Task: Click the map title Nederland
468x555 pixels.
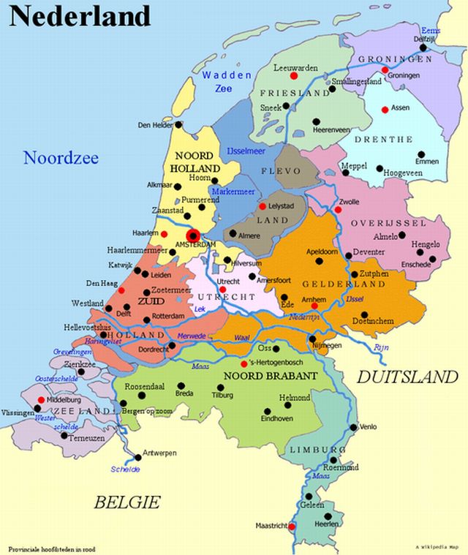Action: coord(80,15)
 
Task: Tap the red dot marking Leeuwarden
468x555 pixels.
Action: coord(294,75)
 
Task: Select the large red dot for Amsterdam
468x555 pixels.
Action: coord(193,235)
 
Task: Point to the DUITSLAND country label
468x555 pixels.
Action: coord(407,377)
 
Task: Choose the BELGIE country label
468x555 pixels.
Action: coord(127,502)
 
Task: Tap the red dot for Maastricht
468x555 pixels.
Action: coord(292,526)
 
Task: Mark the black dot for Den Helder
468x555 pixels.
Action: coord(178,125)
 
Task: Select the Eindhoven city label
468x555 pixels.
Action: coord(278,419)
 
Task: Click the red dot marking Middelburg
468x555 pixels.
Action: coord(39,400)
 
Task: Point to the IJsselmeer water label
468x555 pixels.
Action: coord(245,150)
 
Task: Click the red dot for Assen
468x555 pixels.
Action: coord(385,110)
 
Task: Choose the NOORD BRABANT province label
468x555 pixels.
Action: coord(271,376)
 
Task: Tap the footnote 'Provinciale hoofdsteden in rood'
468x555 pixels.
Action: coord(52,548)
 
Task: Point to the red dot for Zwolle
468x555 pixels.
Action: coord(338,210)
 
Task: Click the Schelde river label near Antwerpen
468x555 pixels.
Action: coord(125,469)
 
